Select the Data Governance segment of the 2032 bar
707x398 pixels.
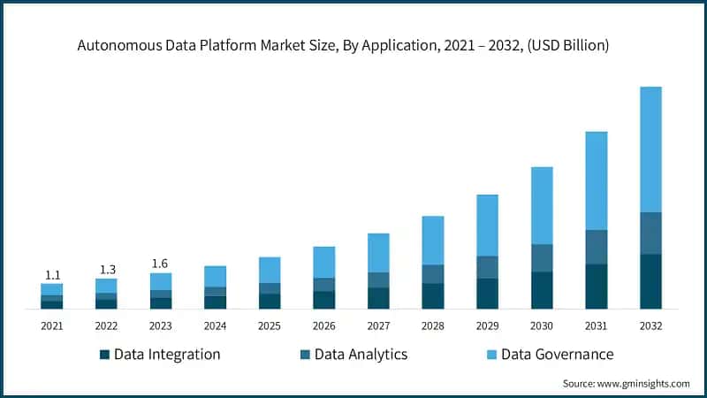(x=650, y=149)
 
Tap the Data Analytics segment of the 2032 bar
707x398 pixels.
(x=650, y=233)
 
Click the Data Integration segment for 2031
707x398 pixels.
(x=597, y=286)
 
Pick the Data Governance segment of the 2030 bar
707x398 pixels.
(x=542, y=205)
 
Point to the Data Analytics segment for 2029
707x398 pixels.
(x=487, y=267)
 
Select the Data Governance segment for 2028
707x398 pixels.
(x=433, y=240)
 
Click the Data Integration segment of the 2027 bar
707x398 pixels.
(x=378, y=298)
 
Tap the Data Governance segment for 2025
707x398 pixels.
(x=270, y=270)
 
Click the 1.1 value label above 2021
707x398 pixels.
(x=51, y=275)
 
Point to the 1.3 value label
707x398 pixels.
(x=106, y=269)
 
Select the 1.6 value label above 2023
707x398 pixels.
(x=161, y=264)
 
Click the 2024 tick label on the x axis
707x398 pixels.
(x=215, y=326)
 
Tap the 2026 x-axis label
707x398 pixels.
(x=324, y=326)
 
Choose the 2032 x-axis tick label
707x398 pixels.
(x=650, y=326)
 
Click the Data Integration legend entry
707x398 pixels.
(x=160, y=355)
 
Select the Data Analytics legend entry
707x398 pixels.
(x=353, y=355)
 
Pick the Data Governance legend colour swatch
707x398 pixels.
(x=491, y=355)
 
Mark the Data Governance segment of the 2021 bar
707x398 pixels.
(x=51, y=289)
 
